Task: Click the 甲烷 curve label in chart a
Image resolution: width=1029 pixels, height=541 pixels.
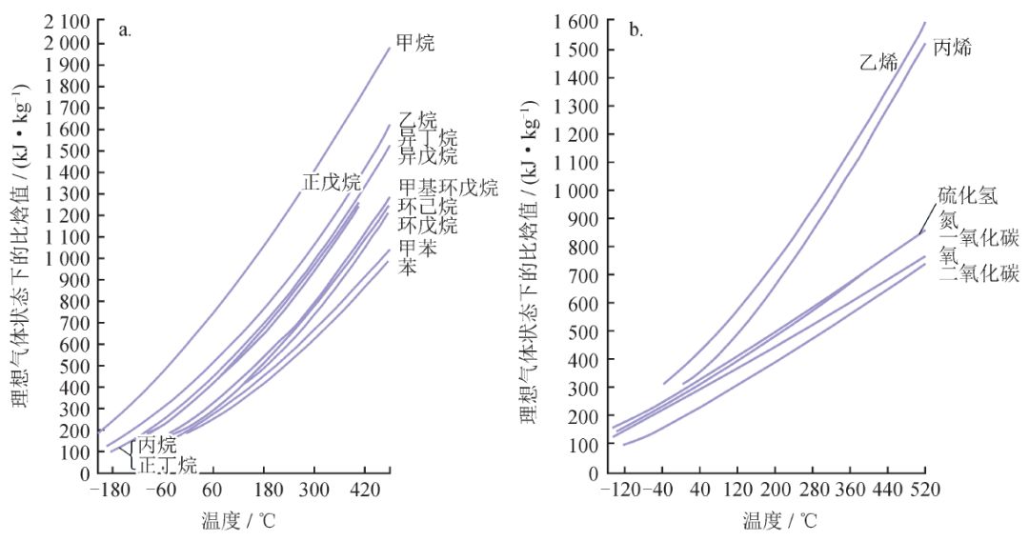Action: point(415,43)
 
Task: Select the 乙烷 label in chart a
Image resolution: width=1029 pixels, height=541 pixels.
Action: point(417,121)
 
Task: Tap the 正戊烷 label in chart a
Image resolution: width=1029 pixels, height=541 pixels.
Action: point(332,182)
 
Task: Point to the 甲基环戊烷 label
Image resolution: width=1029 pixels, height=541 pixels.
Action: point(448,188)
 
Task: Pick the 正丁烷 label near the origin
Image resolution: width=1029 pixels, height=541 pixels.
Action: point(168,466)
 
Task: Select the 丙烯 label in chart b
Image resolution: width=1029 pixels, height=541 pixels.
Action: point(952,48)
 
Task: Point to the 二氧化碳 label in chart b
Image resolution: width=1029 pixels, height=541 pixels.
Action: point(979,274)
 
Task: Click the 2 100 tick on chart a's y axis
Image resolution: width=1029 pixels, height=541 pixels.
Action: point(67,21)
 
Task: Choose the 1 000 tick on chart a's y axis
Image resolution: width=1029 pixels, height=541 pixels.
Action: point(67,258)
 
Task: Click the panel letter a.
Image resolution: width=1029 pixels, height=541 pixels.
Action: point(125,30)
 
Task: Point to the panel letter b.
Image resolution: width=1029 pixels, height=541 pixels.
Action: point(636,30)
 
